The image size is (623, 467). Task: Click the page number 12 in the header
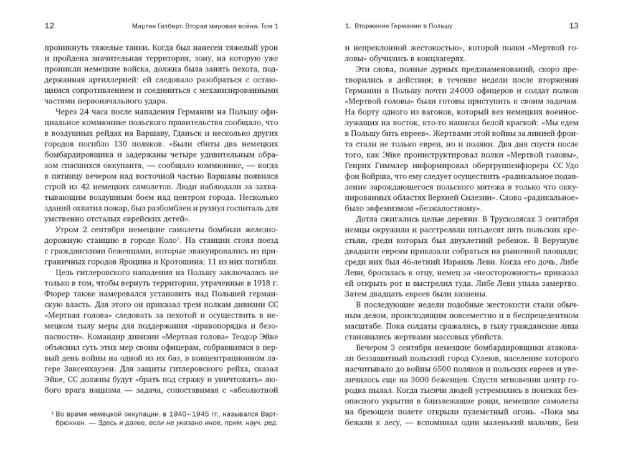pos(50,26)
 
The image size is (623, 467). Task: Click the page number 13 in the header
pos(574,26)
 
